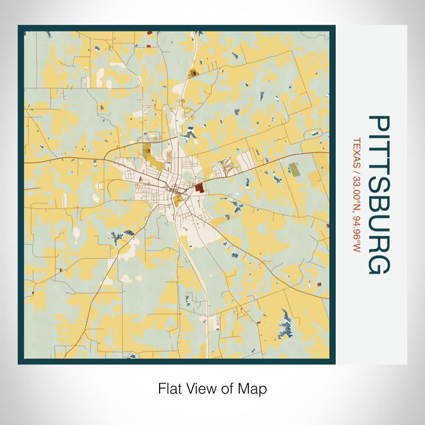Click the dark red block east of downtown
pyautogui.click(x=199, y=189)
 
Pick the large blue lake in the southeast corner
pyautogui.click(x=284, y=322)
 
